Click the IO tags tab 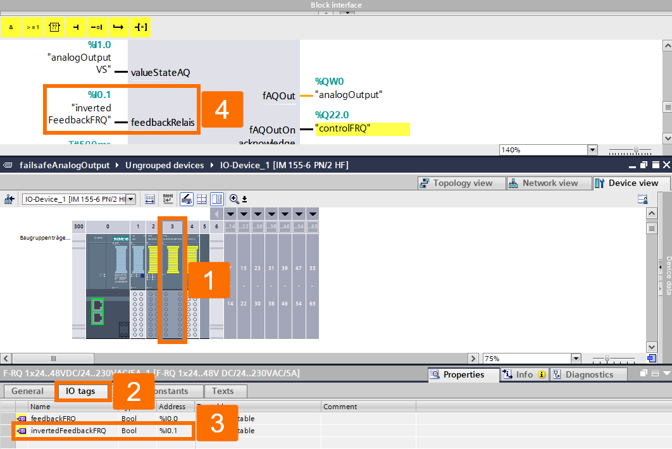coord(80,391)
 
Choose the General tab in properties coord(27,391)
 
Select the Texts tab coord(223,391)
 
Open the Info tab coord(524,374)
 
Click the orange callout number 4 coord(221,110)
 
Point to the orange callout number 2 coord(134,392)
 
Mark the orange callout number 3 coord(217,423)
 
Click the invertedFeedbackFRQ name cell coord(68,431)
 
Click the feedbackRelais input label coord(163,123)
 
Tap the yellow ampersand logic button coord(11,27)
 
